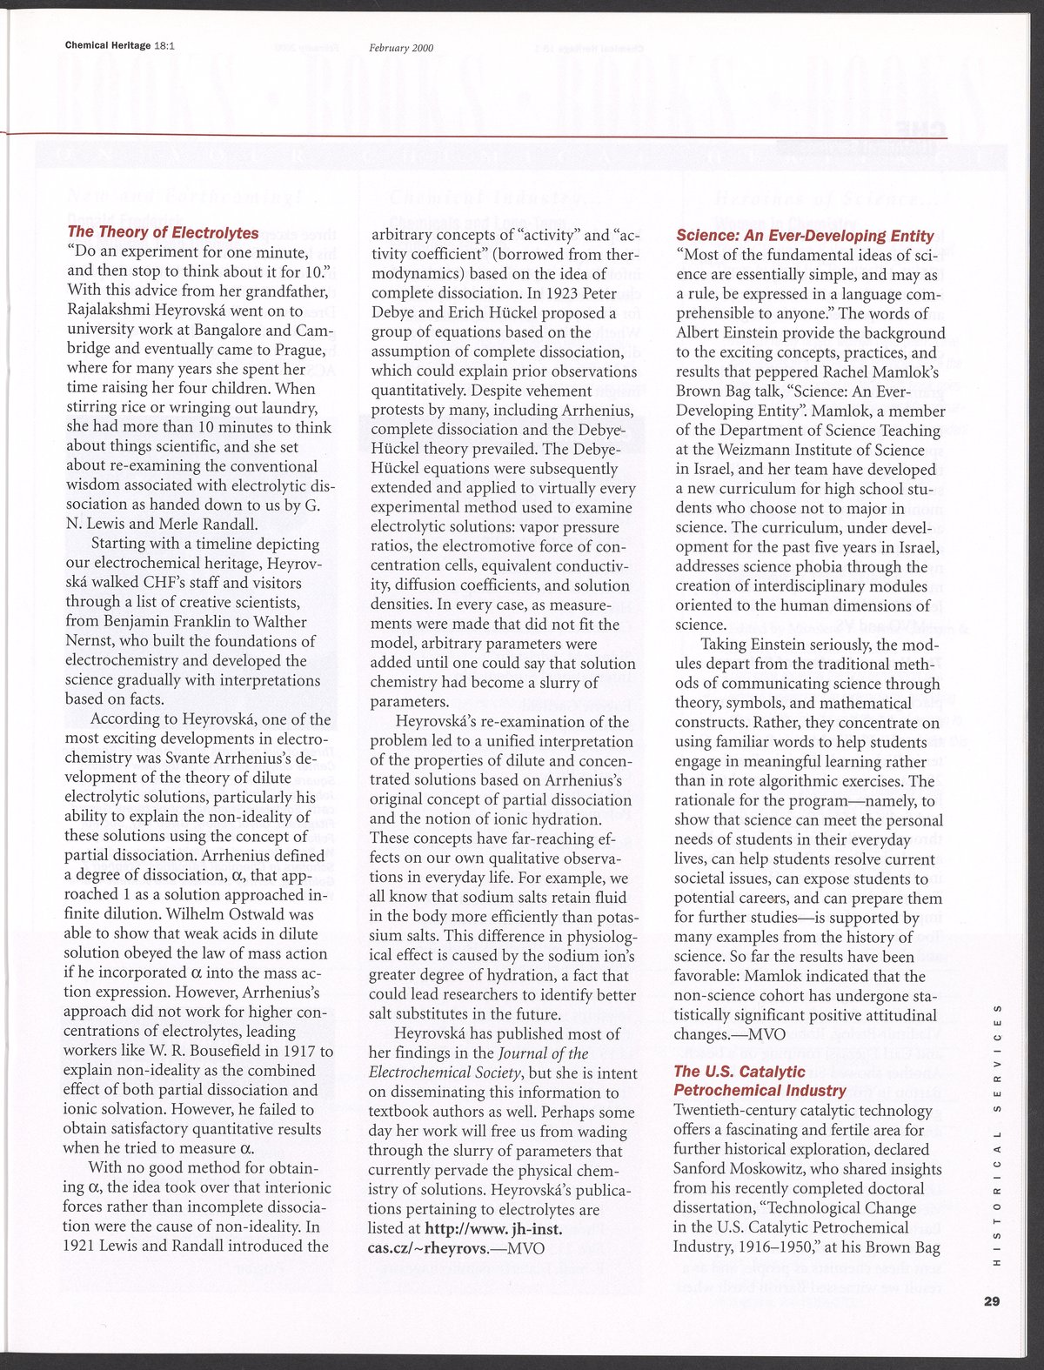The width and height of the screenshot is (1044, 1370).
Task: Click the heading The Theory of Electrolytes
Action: coord(163,232)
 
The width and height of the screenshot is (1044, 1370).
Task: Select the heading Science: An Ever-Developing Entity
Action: coord(805,236)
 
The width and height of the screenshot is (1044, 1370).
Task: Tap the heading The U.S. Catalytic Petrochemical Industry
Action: coord(760,1080)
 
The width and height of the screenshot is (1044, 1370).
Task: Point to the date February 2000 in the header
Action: coord(401,48)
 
